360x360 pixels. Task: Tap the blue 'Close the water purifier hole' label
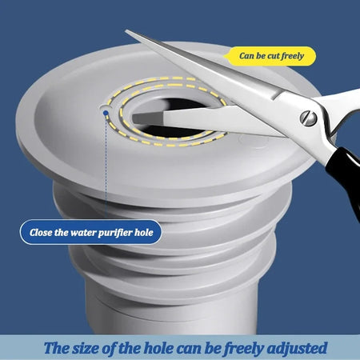[90, 233]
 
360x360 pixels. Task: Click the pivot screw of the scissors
[306, 118]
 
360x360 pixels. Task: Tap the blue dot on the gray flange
[106, 113]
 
